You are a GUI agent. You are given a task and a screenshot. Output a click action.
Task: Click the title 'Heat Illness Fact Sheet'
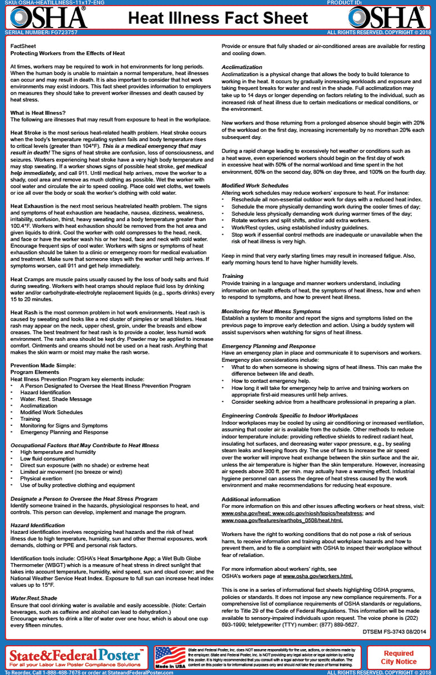[218, 19]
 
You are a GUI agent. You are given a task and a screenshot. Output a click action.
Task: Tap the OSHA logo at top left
[47, 17]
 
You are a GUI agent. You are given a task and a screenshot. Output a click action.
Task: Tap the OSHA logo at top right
[388, 17]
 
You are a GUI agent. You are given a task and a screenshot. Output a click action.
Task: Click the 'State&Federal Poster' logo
[75, 656]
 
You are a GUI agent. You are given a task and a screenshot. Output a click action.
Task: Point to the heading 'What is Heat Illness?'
[36, 113]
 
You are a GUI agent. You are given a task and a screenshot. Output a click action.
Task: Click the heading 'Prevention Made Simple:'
[43, 365]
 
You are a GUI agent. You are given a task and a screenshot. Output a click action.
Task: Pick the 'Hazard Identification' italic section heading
[38, 525]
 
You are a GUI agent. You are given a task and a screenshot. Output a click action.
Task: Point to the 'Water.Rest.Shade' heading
[34, 598]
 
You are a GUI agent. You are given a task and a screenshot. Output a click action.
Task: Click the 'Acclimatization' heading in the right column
[242, 67]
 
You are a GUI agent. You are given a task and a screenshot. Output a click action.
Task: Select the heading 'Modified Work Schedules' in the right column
[255, 185]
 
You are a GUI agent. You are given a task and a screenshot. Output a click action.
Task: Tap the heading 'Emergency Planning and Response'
[269, 346]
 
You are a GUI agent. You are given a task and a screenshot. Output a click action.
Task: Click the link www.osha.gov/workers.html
[317, 577]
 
